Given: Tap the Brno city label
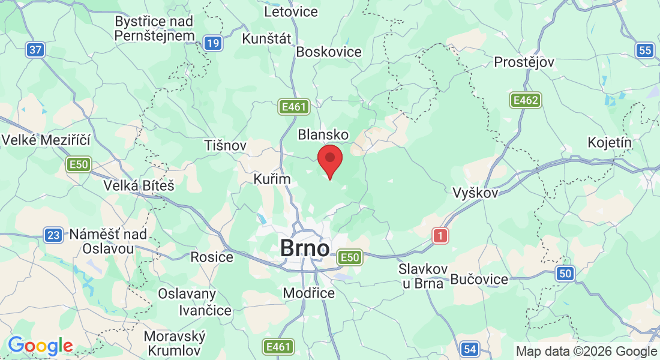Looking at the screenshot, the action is click(x=305, y=248).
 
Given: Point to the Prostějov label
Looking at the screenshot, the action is click(x=524, y=62).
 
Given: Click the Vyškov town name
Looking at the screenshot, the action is click(x=475, y=193).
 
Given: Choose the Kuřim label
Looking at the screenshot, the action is click(x=272, y=179).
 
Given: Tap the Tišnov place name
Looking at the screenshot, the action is click(x=226, y=145).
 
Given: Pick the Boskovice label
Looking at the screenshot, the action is click(x=329, y=52).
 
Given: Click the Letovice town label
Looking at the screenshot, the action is click(x=290, y=11).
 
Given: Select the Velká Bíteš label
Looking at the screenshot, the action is click(x=139, y=185).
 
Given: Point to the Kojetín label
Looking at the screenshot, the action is click(x=611, y=142).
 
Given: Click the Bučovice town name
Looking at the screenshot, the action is click(x=479, y=279).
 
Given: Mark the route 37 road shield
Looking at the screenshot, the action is click(x=35, y=50).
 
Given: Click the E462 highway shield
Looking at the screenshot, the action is click(x=526, y=100).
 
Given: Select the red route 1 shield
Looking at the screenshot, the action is click(x=440, y=236).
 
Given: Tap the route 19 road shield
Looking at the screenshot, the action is click(x=212, y=43).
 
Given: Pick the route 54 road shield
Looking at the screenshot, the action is click(x=470, y=349).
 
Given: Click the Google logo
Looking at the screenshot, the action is click(x=40, y=346).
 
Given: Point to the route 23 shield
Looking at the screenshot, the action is click(x=53, y=235).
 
